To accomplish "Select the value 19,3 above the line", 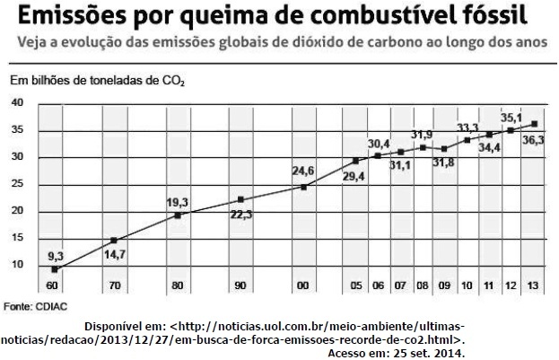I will pyautogui.click(x=178, y=202).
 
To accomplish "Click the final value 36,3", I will pyautogui.click(x=534, y=140).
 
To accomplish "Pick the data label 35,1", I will pyautogui.click(x=511, y=117).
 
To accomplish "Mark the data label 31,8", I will pyautogui.click(x=443, y=162).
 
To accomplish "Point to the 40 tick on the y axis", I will pyautogui.click(x=17, y=103).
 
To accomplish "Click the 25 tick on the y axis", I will pyautogui.click(x=17, y=184).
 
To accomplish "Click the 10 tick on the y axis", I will pyautogui.click(x=17, y=265).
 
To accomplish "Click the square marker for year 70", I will pyautogui.click(x=114, y=241).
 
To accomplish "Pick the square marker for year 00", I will pyautogui.click(x=304, y=187).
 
